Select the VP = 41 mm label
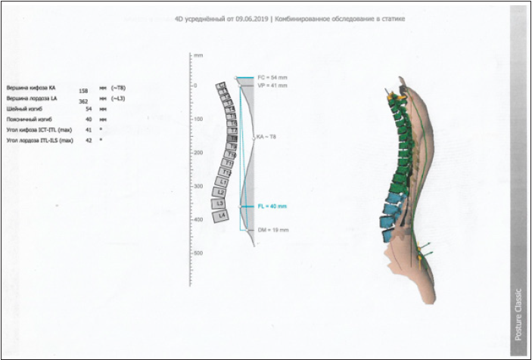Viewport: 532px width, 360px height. pyautogui.click(x=272, y=85)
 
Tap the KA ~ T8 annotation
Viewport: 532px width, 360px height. pyautogui.click(x=267, y=138)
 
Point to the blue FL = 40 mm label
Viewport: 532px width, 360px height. pyautogui.click(x=272, y=206)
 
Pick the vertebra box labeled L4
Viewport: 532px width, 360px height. pyautogui.click(x=221, y=216)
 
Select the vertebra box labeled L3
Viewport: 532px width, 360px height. pyautogui.click(x=219, y=203)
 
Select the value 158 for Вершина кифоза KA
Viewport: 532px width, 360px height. pyautogui.click(x=84, y=92)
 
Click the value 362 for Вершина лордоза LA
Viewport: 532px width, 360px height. pyautogui.click(x=84, y=101)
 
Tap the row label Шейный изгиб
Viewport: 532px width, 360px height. pyautogui.click(x=22, y=109)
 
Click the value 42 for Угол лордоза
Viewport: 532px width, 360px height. pyautogui.click(x=89, y=141)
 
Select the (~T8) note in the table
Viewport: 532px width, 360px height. pyautogui.click(x=119, y=88)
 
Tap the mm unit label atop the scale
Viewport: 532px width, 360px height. pyautogui.click(x=198, y=56)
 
